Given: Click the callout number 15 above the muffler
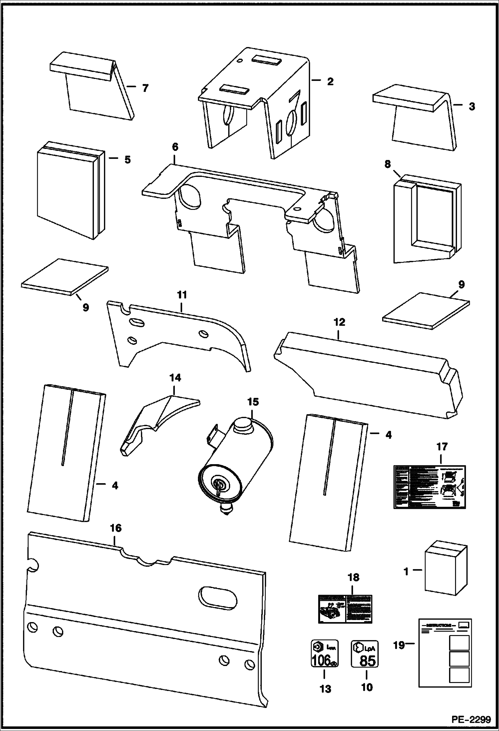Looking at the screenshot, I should point(253,402).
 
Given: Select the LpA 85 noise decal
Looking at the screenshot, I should point(365,653).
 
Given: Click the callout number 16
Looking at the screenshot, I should point(116,528).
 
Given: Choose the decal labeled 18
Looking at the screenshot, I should point(344,609).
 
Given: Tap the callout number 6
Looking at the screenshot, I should point(175,147).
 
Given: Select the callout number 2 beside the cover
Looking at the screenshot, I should point(330,81).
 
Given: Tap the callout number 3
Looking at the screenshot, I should point(471,107).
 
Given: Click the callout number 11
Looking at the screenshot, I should point(182,295).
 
